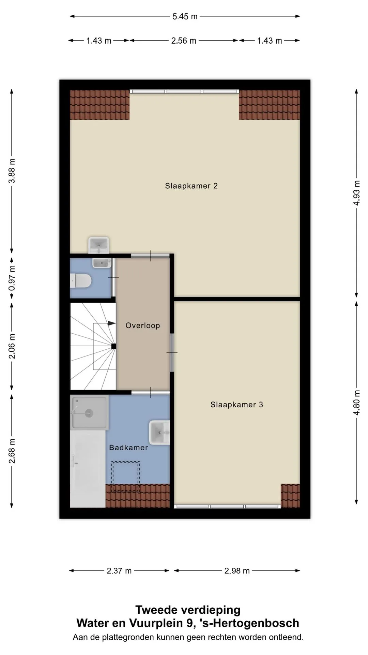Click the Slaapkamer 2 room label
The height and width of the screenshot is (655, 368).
coord(191,186)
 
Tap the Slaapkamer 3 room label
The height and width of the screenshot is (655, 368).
coord(236,405)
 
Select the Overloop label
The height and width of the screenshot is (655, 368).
coord(142,325)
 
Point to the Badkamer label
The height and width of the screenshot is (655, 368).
coord(128,448)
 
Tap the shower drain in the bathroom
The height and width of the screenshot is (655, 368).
coord(89,413)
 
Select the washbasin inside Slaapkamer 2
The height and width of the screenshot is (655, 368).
coord(98,245)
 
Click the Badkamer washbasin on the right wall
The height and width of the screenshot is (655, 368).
coord(159,433)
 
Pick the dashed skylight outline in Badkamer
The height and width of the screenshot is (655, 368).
coord(125,477)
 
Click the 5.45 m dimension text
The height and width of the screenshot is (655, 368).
coord(185,16)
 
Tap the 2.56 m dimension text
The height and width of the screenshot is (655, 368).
coord(184,41)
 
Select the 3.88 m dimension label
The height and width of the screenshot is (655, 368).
coord(12,171)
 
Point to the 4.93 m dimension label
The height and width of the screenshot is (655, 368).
coord(356,193)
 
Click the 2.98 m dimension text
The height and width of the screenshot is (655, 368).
coord(237,571)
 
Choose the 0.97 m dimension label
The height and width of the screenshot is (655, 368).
coord(12,278)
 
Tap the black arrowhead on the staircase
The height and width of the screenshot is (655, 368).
coord(111,323)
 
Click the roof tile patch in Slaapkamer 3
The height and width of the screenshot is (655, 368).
coord(290,496)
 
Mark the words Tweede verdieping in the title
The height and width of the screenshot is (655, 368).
coord(188,610)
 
